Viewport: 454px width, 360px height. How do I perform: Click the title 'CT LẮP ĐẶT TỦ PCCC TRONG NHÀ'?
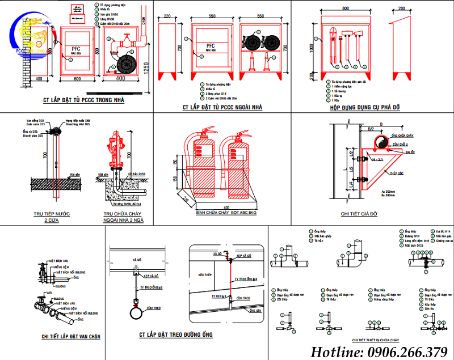pos(83,101)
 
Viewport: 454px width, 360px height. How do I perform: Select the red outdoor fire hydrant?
pos(120,154)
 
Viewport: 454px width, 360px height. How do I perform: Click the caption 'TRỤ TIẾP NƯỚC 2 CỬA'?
pos(54,216)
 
